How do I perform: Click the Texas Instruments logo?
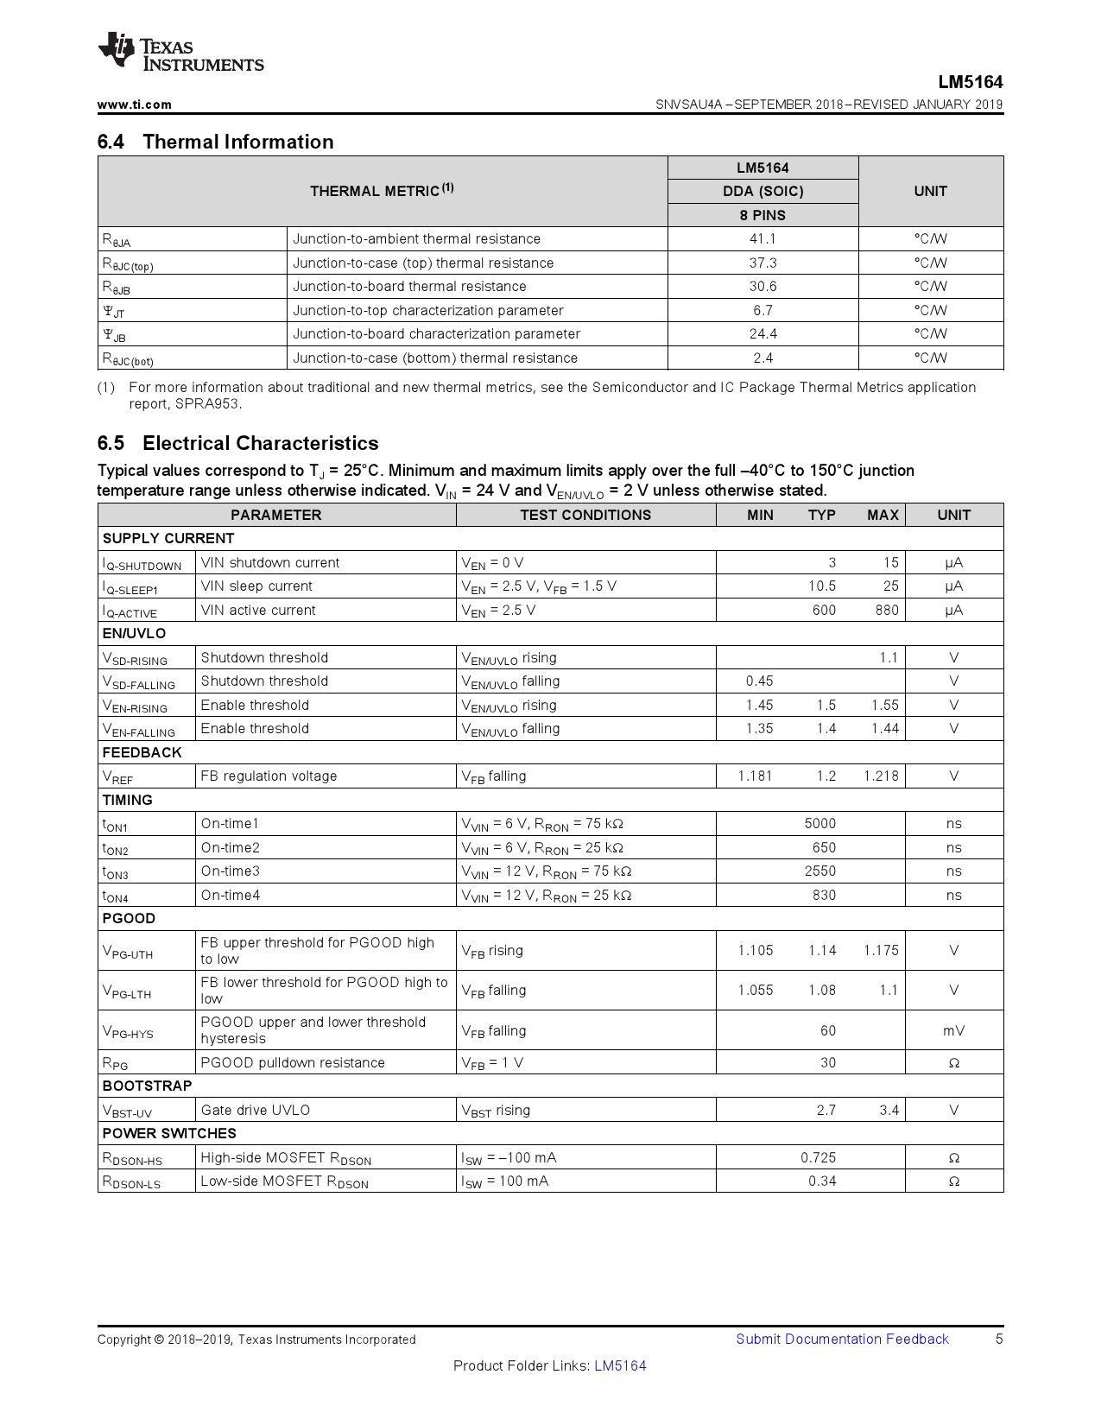[180, 53]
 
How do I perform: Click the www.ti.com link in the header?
[134, 104]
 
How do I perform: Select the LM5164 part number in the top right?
[971, 82]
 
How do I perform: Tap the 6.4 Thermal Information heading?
[215, 142]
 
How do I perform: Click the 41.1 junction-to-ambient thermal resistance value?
[762, 239]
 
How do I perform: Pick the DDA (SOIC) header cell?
[762, 192]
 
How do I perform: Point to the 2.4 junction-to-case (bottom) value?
[762, 358]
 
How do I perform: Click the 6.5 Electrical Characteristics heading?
[237, 443]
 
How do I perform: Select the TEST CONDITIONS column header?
[585, 515]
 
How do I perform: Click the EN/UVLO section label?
[134, 633]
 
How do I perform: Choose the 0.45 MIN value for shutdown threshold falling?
[759, 681]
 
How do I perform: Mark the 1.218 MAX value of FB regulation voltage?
[881, 776]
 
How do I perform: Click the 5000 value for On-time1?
[819, 823]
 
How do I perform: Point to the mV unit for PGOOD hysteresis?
[953, 1030]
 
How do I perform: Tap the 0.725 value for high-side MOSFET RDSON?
[818, 1157]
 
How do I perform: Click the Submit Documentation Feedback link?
[842, 1339]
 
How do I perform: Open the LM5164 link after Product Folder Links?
[620, 1365]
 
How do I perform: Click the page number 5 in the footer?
[999, 1339]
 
